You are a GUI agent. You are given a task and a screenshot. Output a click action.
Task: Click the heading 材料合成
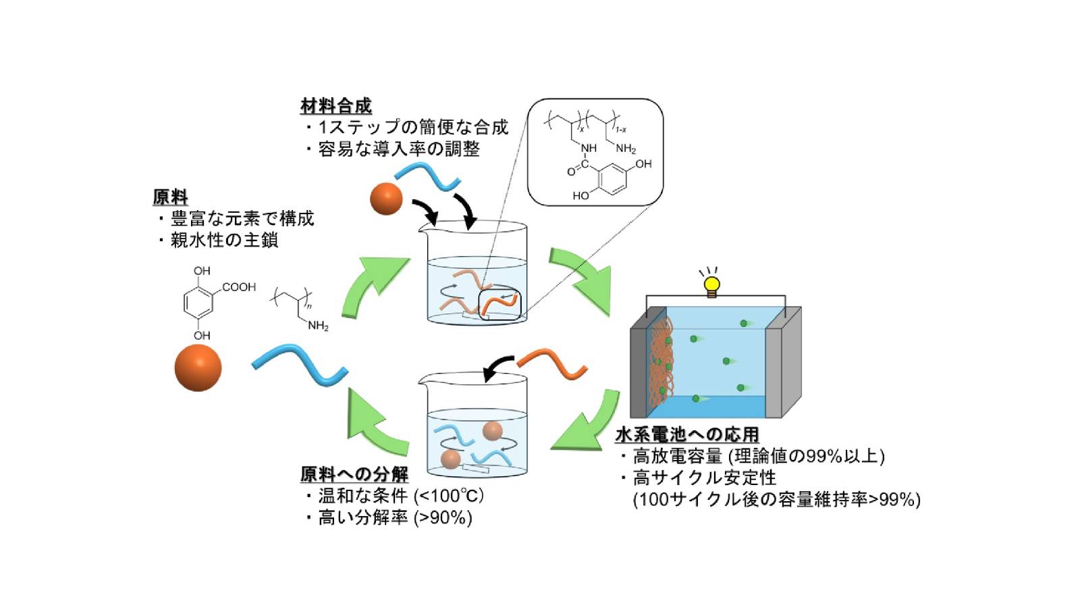[x=335, y=106]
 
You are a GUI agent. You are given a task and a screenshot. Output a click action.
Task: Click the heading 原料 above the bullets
[x=170, y=197]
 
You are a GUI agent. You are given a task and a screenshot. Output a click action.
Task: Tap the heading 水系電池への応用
[x=686, y=434]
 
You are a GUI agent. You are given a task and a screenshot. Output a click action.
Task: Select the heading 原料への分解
[x=354, y=474]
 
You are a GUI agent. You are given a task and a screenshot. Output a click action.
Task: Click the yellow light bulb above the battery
[x=711, y=284]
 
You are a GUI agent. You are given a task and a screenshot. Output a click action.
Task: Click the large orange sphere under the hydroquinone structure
[x=198, y=368]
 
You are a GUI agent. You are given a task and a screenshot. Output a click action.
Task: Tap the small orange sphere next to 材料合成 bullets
[x=386, y=198]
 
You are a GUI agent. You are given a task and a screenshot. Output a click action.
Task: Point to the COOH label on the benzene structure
[x=239, y=287]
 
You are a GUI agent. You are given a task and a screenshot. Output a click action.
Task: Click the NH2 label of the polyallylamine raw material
[x=317, y=326]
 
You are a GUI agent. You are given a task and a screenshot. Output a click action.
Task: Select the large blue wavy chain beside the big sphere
[x=299, y=365]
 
